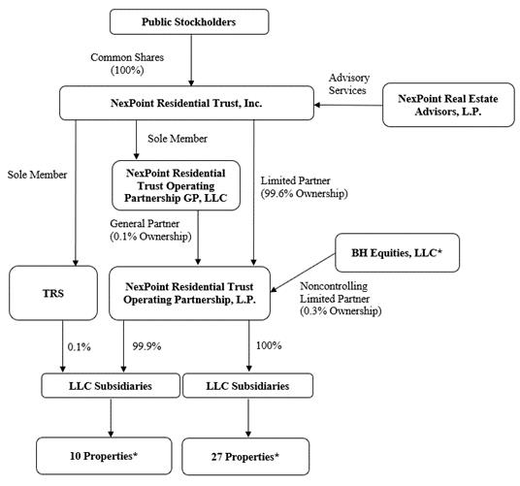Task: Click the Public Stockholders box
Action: point(189,22)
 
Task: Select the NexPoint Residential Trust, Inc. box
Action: point(186,103)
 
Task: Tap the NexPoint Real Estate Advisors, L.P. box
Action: point(448,105)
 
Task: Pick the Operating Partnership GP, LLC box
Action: point(176,185)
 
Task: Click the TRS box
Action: point(53,293)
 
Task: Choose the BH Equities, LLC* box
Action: point(398,252)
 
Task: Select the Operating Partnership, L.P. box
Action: point(189,293)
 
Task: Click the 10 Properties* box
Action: point(104,456)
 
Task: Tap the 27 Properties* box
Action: point(245,457)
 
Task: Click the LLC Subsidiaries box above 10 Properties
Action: point(111,385)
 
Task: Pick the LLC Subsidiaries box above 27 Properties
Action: point(247,385)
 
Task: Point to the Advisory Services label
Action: point(349,83)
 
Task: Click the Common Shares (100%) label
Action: point(127,64)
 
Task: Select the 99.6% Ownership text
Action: point(304,193)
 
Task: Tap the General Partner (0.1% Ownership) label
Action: point(151,230)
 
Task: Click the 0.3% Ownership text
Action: point(341,311)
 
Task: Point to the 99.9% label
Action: point(146,346)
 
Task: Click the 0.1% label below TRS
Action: point(79,347)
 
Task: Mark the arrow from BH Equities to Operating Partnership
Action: point(303,274)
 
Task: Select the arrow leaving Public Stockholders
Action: point(191,60)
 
